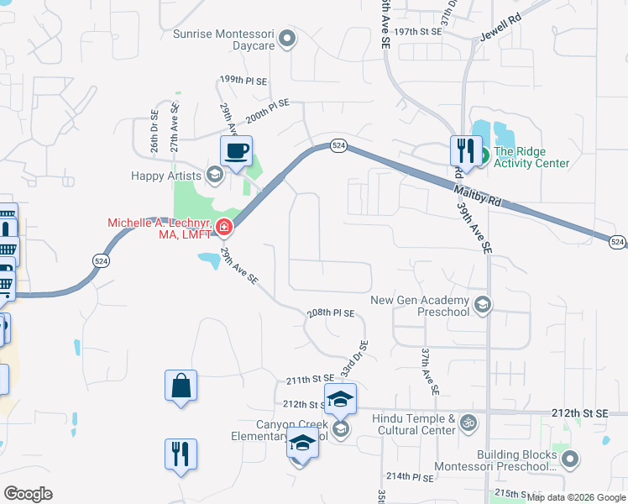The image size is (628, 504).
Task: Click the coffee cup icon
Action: pyautogui.click(x=236, y=152)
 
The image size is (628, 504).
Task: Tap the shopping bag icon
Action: pyautogui.click(x=181, y=386)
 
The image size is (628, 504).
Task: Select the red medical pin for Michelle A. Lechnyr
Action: pyautogui.click(x=223, y=226)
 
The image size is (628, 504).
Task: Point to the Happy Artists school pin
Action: pyautogui.click(x=214, y=176)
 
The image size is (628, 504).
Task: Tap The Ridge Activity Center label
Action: pyautogui.click(x=531, y=157)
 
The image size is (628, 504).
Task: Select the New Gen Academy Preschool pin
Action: pyautogui.click(x=482, y=304)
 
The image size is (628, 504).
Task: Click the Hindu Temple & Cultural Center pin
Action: pyautogui.click(x=469, y=425)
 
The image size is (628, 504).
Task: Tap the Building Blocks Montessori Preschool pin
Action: pyautogui.click(x=571, y=459)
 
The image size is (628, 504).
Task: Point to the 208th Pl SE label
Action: pyautogui.click(x=331, y=312)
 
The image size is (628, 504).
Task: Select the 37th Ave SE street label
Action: pyautogui.click(x=430, y=371)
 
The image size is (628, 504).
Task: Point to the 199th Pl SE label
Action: pyautogui.click(x=243, y=80)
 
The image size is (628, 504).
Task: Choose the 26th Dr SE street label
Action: pyautogui.click(x=154, y=131)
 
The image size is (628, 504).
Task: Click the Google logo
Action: pyautogui.click(x=28, y=493)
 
